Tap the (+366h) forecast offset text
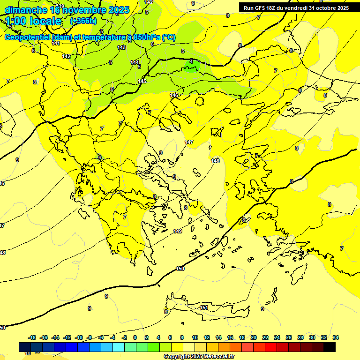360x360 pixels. click(x=83, y=21)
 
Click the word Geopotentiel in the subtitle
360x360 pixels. click(x=27, y=37)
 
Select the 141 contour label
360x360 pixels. click(x=56, y=43)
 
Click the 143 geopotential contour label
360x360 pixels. click(x=121, y=47)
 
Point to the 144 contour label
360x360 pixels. click(x=135, y=62)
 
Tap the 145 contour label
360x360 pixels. click(x=142, y=81)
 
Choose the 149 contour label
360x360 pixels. click(x=178, y=231)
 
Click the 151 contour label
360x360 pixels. click(x=204, y=307)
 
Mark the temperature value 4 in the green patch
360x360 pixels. click(x=191, y=61)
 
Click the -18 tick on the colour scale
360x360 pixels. click(x=32, y=337)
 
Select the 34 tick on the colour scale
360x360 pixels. click(x=336, y=337)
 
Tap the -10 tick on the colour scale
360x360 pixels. click(x=79, y=337)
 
